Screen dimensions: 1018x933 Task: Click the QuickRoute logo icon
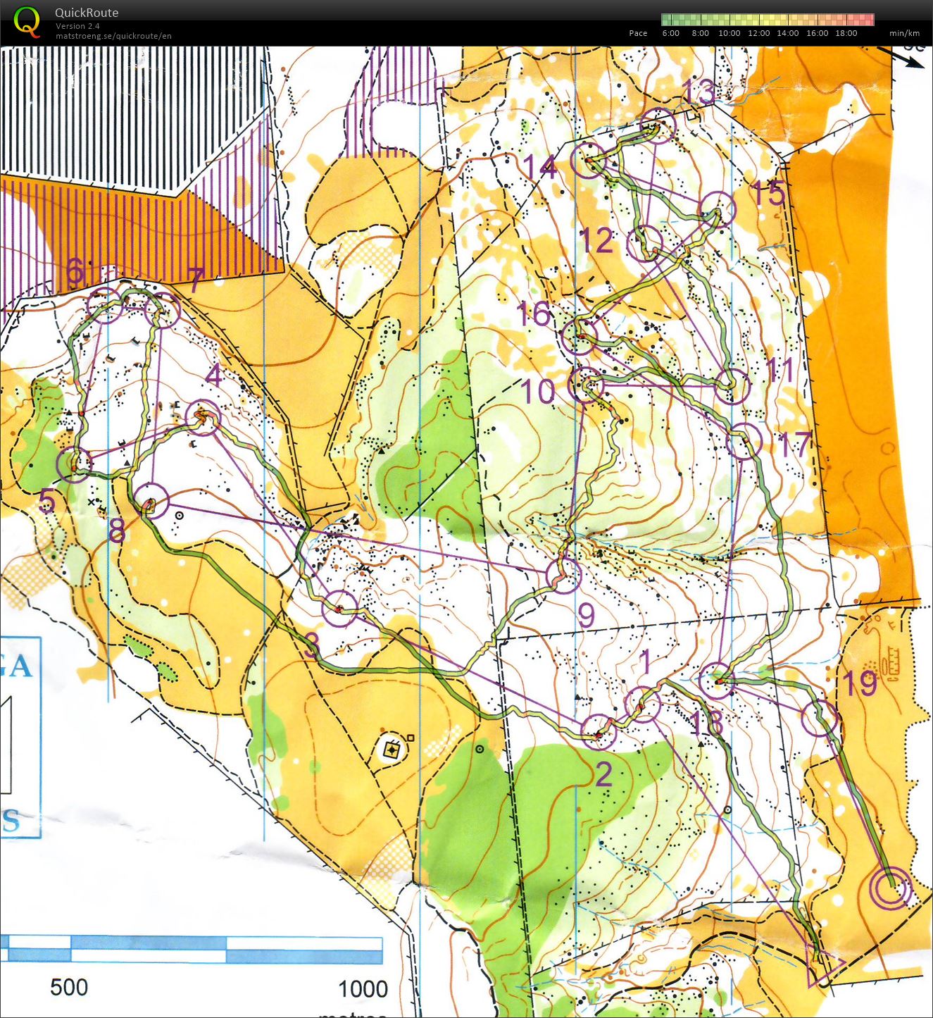[x=27, y=21]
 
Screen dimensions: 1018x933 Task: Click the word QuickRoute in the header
[x=87, y=13]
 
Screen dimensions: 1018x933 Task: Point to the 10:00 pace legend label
[x=729, y=33]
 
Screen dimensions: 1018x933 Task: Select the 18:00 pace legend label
[x=846, y=33]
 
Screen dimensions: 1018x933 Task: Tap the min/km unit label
[x=904, y=33]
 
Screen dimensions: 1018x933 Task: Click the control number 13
[x=698, y=92]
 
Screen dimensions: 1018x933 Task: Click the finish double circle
[x=890, y=889]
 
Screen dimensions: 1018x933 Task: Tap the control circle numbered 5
[x=74, y=464]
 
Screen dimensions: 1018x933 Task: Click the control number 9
[x=586, y=615]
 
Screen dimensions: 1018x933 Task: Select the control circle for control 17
[x=744, y=442]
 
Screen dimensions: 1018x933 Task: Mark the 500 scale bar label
[x=69, y=988]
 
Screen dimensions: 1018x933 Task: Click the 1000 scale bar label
[x=363, y=989]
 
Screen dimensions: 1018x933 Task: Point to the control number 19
[x=859, y=683]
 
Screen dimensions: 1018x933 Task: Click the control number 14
[x=540, y=167]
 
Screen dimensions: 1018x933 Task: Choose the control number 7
[x=196, y=280]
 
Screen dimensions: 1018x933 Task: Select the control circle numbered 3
[x=339, y=609]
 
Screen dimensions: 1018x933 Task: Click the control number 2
[x=603, y=775]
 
